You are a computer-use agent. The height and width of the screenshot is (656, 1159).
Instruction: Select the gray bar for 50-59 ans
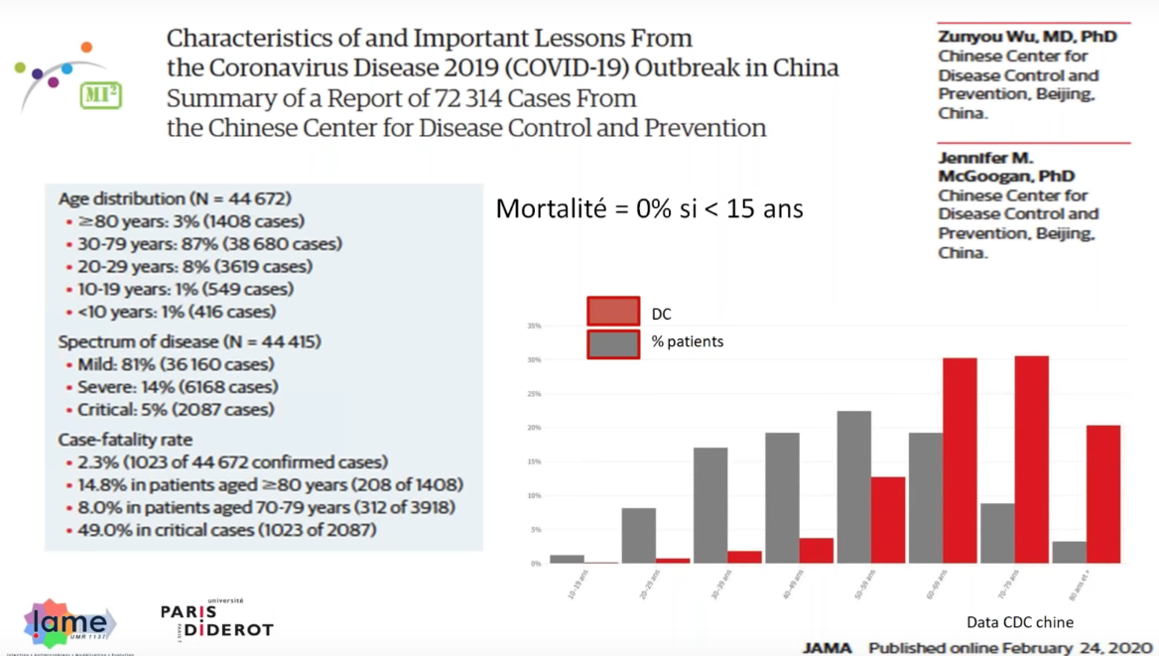[x=853, y=487]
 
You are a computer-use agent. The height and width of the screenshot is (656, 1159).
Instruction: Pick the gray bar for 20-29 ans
[x=638, y=536]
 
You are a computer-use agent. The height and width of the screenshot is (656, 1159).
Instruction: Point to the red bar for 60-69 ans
[x=960, y=460]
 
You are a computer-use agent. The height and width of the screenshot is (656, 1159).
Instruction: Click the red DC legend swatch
[x=613, y=312]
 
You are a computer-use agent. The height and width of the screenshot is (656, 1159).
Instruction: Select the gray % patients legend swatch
[x=613, y=343]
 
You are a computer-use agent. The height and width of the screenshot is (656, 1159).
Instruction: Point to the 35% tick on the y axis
[x=534, y=326]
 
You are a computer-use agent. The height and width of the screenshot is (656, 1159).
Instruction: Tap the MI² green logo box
[x=100, y=95]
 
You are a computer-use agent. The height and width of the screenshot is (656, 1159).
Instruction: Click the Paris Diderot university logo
[x=216, y=619]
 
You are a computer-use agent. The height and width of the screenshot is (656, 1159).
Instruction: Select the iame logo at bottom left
[x=67, y=623]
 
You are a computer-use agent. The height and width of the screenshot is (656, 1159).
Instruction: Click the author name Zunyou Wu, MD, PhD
[x=1027, y=37]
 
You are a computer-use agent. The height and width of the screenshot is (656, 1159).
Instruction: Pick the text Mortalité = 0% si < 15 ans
[x=649, y=208]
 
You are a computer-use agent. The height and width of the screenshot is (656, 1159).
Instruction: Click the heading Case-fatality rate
[x=125, y=439]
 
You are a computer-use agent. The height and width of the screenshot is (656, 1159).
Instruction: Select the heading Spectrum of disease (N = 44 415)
[x=189, y=341]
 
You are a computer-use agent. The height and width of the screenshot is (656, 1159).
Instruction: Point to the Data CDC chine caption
[x=1019, y=622]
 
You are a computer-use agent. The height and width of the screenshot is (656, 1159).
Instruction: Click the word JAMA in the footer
[x=827, y=648]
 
